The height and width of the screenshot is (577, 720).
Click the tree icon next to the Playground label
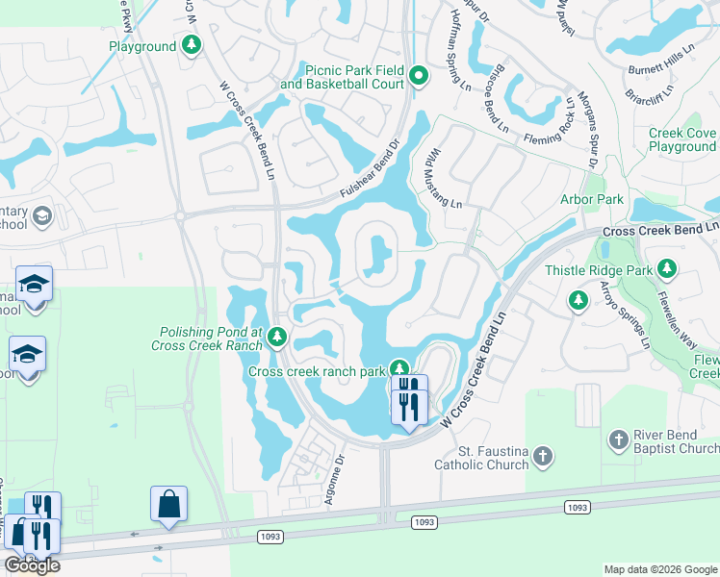193,46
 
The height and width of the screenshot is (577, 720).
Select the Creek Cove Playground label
681,140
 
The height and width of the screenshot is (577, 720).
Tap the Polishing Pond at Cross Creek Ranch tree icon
277,337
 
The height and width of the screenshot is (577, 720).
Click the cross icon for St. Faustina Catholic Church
543,457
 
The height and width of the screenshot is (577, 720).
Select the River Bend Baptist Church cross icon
619,440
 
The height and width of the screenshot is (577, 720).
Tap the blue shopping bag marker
168,504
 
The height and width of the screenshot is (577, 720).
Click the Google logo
32,565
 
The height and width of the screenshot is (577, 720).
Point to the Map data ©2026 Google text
660,569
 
